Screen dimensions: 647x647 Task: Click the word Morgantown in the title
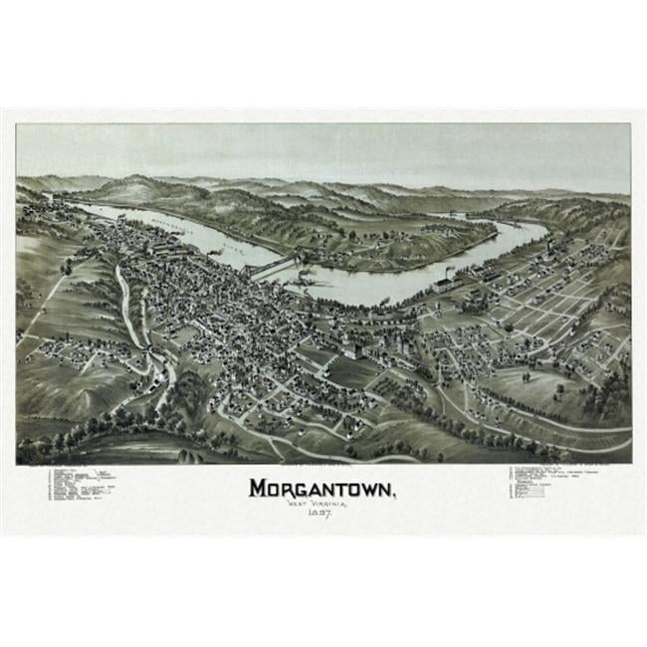click(322, 491)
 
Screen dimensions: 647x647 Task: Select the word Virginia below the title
click(334, 506)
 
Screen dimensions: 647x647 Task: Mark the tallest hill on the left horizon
click(139, 186)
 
